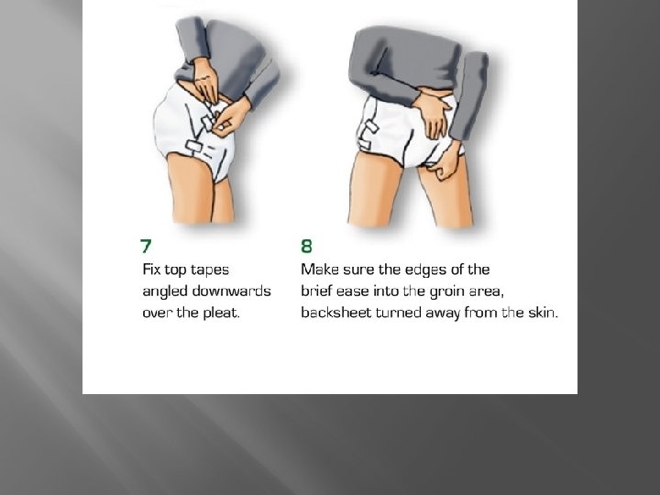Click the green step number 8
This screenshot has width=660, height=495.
click(x=307, y=245)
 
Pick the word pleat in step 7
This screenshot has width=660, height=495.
click(x=219, y=312)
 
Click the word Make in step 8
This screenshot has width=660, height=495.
click(x=321, y=269)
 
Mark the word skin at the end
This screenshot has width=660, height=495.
click(x=540, y=312)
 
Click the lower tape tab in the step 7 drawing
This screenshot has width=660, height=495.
click(x=196, y=148)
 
